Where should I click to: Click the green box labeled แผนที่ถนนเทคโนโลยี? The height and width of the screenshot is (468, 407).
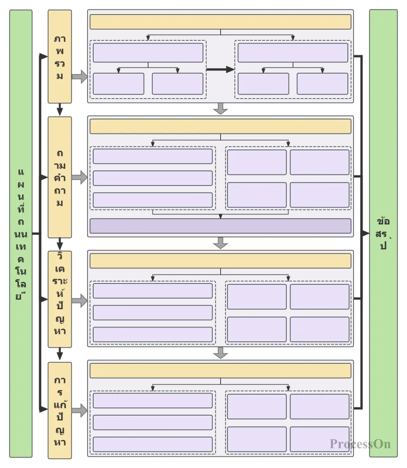click(21, 233)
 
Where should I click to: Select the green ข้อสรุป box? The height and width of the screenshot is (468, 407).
click(383, 233)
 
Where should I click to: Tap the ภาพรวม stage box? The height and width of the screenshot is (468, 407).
click(60, 57)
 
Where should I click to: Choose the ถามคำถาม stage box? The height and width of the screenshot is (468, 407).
click(60, 177)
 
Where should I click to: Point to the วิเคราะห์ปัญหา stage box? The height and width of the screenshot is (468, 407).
click(60, 299)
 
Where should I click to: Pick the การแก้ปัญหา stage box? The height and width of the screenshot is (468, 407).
click(60, 410)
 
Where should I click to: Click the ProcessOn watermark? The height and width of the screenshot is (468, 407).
click(360, 444)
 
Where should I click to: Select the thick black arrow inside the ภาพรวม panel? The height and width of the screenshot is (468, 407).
click(220, 70)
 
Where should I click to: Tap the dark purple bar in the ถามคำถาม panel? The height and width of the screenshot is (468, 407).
click(220, 226)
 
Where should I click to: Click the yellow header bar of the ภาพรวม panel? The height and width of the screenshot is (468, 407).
click(220, 22)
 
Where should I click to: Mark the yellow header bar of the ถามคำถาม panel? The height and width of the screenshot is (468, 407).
click(220, 127)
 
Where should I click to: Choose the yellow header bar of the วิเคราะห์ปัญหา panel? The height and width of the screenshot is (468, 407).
click(220, 261)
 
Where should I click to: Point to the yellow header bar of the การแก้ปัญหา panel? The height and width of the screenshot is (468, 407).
click(220, 371)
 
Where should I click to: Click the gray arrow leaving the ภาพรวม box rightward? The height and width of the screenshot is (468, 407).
click(80, 76)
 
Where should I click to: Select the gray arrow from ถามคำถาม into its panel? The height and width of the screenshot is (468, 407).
click(80, 177)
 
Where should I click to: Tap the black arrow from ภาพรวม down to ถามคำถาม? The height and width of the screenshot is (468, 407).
click(60, 110)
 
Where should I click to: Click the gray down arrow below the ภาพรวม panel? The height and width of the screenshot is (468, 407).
click(220, 109)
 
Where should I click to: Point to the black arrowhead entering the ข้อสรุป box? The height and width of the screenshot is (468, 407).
click(366, 233)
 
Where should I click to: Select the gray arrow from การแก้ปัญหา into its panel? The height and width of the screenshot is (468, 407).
click(80, 410)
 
